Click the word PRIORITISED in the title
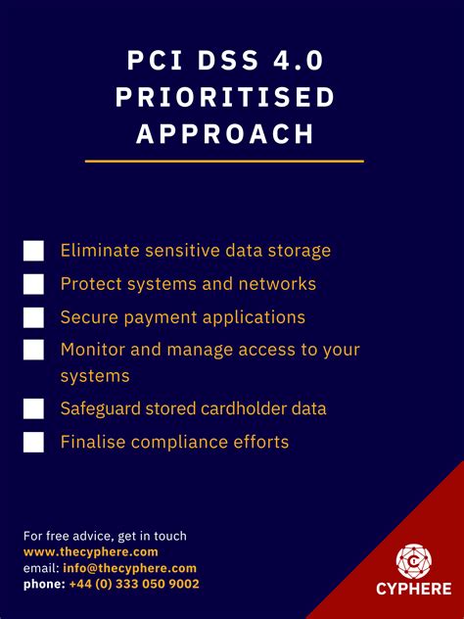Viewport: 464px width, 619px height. [225, 97]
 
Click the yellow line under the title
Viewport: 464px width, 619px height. [224, 161]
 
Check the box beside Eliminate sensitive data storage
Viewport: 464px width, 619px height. [34, 251]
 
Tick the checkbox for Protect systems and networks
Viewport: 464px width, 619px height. [34, 284]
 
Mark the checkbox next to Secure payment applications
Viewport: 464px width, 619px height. [34, 317]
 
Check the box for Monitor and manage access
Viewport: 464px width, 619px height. [34, 350]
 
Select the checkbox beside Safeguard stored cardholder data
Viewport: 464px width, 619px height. [34, 408]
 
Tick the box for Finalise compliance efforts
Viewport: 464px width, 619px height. [34, 442]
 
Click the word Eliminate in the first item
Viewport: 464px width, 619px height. [99, 251]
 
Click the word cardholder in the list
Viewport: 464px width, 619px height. [237, 408]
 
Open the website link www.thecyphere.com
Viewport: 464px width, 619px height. [91, 551]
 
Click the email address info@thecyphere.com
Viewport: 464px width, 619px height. [130, 568]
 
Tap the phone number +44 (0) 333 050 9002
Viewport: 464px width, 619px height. [134, 584]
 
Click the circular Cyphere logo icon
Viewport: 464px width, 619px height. [413, 561]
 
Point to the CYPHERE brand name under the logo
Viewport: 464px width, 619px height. [413, 589]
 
